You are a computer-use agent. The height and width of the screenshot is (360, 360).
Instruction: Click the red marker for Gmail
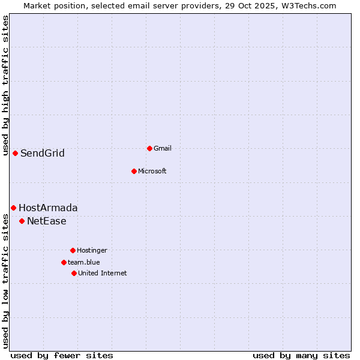click(x=149, y=148)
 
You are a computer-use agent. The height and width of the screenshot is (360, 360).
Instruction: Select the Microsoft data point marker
click(x=134, y=171)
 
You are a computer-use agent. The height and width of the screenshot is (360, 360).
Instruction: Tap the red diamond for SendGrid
click(x=15, y=153)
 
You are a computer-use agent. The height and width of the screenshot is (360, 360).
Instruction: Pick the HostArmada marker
click(x=13, y=208)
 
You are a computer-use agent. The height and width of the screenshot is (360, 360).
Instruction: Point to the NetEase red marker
click(x=22, y=221)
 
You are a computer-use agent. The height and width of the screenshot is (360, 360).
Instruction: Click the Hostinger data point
click(x=73, y=250)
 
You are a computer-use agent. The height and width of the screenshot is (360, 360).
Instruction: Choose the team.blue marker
click(x=64, y=262)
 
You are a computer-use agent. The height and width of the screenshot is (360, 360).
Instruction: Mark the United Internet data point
click(x=74, y=273)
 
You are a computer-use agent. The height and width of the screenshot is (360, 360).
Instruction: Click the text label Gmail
click(x=163, y=148)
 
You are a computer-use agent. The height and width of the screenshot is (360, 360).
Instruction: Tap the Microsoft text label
click(x=152, y=171)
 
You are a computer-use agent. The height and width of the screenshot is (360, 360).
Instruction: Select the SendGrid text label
click(x=43, y=153)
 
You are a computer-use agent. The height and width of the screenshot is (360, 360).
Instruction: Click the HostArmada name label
click(x=48, y=208)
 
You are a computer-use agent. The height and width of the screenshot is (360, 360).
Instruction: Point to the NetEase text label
click(x=47, y=221)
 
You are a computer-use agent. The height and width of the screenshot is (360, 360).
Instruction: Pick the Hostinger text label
click(x=92, y=250)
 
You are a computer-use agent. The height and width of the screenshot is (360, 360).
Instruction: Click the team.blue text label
click(x=84, y=262)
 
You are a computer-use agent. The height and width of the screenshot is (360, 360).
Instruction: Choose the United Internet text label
click(x=103, y=273)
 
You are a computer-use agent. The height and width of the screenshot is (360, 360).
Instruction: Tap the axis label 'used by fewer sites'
click(x=62, y=355)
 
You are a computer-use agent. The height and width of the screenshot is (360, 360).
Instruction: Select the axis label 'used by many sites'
click(x=301, y=355)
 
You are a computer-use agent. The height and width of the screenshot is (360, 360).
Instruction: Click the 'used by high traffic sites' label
click(x=5, y=85)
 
